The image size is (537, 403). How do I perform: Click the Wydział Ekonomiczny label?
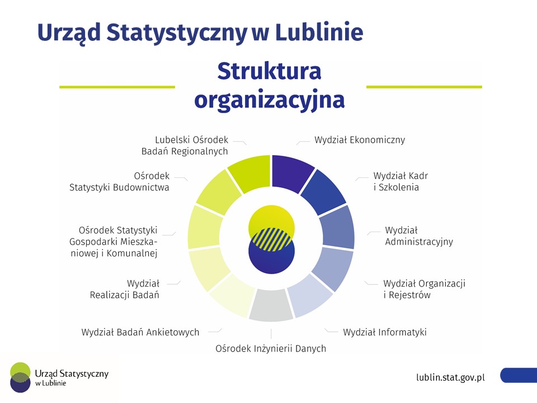pyautogui.click(x=359, y=140)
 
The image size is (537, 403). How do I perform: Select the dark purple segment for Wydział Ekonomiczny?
pyautogui.click(x=292, y=170)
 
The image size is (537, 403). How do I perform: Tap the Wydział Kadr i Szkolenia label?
pyautogui.click(x=401, y=181)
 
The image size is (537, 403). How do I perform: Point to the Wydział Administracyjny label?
pyautogui.click(x=418, y=236)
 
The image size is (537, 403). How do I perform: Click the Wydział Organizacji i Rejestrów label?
pyautogui.click(x=424, y=289)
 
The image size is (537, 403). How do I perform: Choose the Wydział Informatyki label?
pyautogui.click(x=385, y=332)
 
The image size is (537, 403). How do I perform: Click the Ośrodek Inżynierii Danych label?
pyautogui.click(x=271, y=348)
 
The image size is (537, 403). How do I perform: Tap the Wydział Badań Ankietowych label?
pyautogui.click(x=140, y=332)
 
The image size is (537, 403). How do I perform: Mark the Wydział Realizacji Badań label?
pyautogui.click(x=125, y=289)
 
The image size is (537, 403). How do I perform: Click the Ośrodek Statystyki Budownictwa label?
pyautogui.click(x=119, y=181)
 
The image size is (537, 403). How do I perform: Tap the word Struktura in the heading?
pyautogui.click(x=269, y=72)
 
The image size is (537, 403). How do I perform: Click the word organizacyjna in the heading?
pyautogui.click(x=269, y=100)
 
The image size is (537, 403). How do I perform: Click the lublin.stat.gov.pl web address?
pyautogui.click(x=450, y=377)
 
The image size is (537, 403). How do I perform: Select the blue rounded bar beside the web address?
pyautogui.click(x=519, y=375)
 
